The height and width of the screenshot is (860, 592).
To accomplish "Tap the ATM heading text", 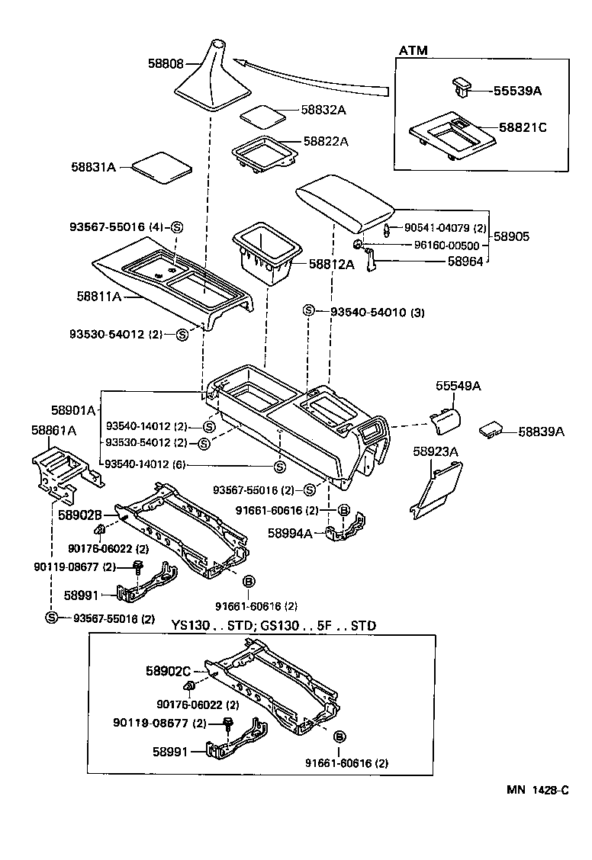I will pos(413,50).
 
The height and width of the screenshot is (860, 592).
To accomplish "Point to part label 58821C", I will pos(523,127).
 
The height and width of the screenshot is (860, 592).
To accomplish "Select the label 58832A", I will pos(323,110).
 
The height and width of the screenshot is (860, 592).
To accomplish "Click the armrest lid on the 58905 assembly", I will pos(344,200).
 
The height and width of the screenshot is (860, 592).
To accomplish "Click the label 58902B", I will pos(81,515).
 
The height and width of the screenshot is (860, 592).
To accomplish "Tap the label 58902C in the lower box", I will pos(168,671).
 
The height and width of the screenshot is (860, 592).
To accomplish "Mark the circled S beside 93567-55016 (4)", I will pos(177,226).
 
